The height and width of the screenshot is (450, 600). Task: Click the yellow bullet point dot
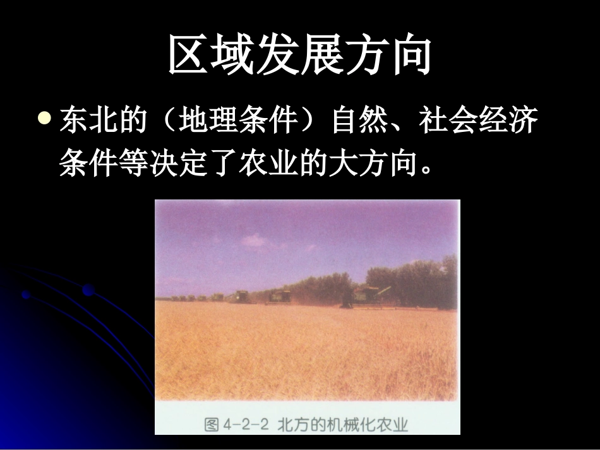click(44, 117)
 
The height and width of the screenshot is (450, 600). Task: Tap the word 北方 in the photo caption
click(292, 425)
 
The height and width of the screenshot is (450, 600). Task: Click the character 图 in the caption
click(212, 425)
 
